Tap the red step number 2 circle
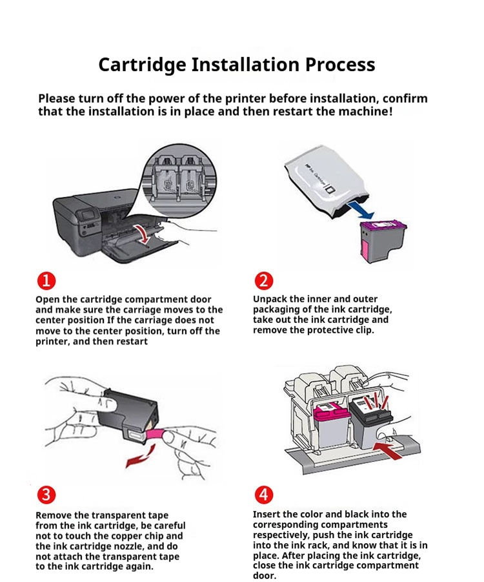(x=265, y=281)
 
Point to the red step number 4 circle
(x=265, y=495)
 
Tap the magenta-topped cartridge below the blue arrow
(x=382, y=239)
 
